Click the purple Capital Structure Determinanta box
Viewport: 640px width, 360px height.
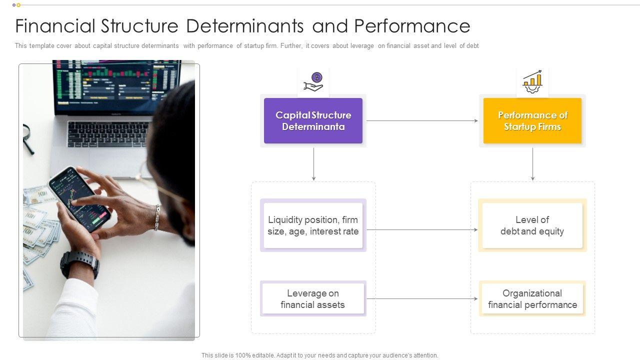click(x=313, y=121)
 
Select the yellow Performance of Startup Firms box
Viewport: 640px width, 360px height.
click(x=532, y=121)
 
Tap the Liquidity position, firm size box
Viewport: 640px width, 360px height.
click(x=313, y=225)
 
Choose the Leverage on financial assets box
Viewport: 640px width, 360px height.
click(x=313, y=299)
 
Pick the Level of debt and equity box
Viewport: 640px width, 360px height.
click(x=532, y=225)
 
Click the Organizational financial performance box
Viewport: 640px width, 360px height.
click(x=532, y=299)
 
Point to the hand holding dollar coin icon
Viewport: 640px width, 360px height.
click(x=314, y=82)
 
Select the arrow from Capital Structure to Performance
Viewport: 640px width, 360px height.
click(x=422, y=120)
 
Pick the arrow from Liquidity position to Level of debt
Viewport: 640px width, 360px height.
click(x=422, y=230)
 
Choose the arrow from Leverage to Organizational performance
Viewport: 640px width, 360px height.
click(x=422, y=299)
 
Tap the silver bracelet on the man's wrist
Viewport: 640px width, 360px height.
click(x=157, y=217)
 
